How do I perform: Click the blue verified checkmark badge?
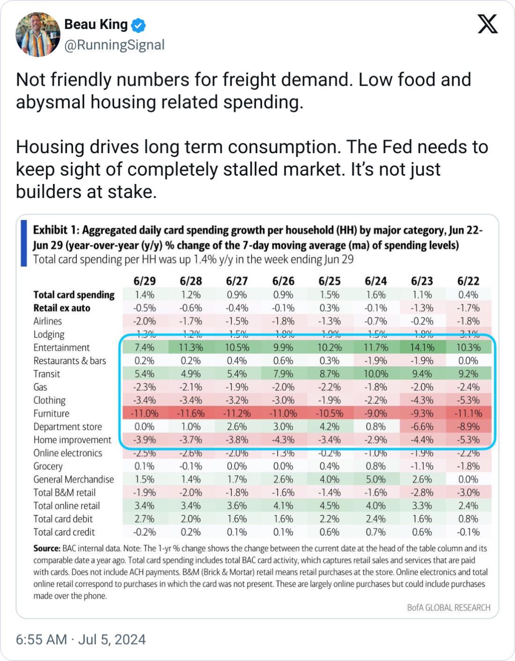coord(138,25)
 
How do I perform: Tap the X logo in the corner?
coord(487,23)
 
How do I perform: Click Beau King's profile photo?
coord(38,35)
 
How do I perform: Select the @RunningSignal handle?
coord(114,45)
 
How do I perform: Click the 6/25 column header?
coord(329,281)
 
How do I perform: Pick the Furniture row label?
coord(51,413)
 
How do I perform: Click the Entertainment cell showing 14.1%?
coord(422,347)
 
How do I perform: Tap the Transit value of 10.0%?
coord(375,374)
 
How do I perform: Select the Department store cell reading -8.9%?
coord(468,426)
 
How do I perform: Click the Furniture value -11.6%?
coord(191,413)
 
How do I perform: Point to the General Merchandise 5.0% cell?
coord(375,479)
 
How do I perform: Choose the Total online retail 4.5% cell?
coord(329,506)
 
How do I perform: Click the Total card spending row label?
coord(74,294)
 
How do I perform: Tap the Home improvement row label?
coord(72,440)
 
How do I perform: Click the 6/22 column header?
coord(468,281)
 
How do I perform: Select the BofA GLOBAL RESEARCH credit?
coord(449,607)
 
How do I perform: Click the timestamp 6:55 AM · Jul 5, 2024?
coord(81,639)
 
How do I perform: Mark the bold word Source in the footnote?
coord(46,548)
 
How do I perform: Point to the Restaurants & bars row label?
coord(69,360)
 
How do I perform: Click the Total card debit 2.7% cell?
coord(144,519)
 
